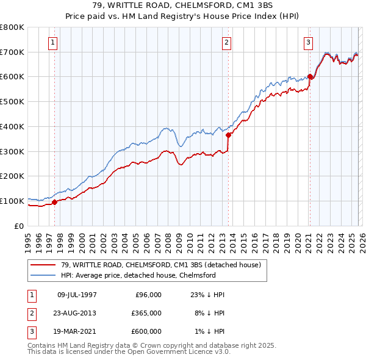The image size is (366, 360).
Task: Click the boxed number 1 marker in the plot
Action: click(x=54, y=43)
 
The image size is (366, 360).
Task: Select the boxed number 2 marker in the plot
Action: click(x=226, y=43)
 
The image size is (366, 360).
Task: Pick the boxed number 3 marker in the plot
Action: click(x=308, y=43)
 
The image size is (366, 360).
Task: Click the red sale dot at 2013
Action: click(x=228, y=135)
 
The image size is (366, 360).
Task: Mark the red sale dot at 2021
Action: click(x=310, y=76)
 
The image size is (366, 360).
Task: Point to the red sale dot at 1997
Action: click(x=54, y=202)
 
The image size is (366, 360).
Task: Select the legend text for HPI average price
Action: click(x=138, y=275)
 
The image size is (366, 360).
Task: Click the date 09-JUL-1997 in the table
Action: click(x=77, y=294)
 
